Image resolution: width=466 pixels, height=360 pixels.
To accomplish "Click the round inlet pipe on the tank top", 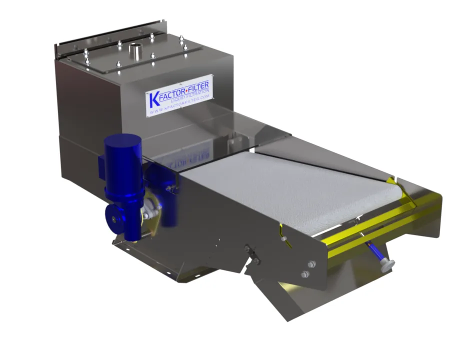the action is tap(135, 51).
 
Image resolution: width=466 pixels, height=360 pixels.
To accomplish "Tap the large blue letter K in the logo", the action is tap(154, 99).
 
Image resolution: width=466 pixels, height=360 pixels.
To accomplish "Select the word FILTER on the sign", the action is tap(198, 86).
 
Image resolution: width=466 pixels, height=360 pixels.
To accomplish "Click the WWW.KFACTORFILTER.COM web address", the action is tap(180, 104).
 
